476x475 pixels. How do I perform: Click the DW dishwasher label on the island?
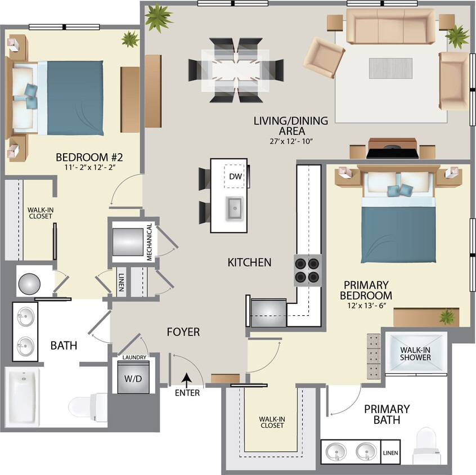235,176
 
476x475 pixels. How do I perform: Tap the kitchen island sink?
235,208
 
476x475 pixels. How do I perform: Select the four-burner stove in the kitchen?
307,270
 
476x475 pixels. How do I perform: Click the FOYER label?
183,332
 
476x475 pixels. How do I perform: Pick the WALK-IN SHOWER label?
415,353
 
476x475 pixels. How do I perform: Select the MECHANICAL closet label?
150,242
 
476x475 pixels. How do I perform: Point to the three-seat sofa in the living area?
390,26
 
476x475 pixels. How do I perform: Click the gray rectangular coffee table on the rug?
386,68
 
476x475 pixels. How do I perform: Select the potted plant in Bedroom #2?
131,39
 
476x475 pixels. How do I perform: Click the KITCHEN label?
249,262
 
